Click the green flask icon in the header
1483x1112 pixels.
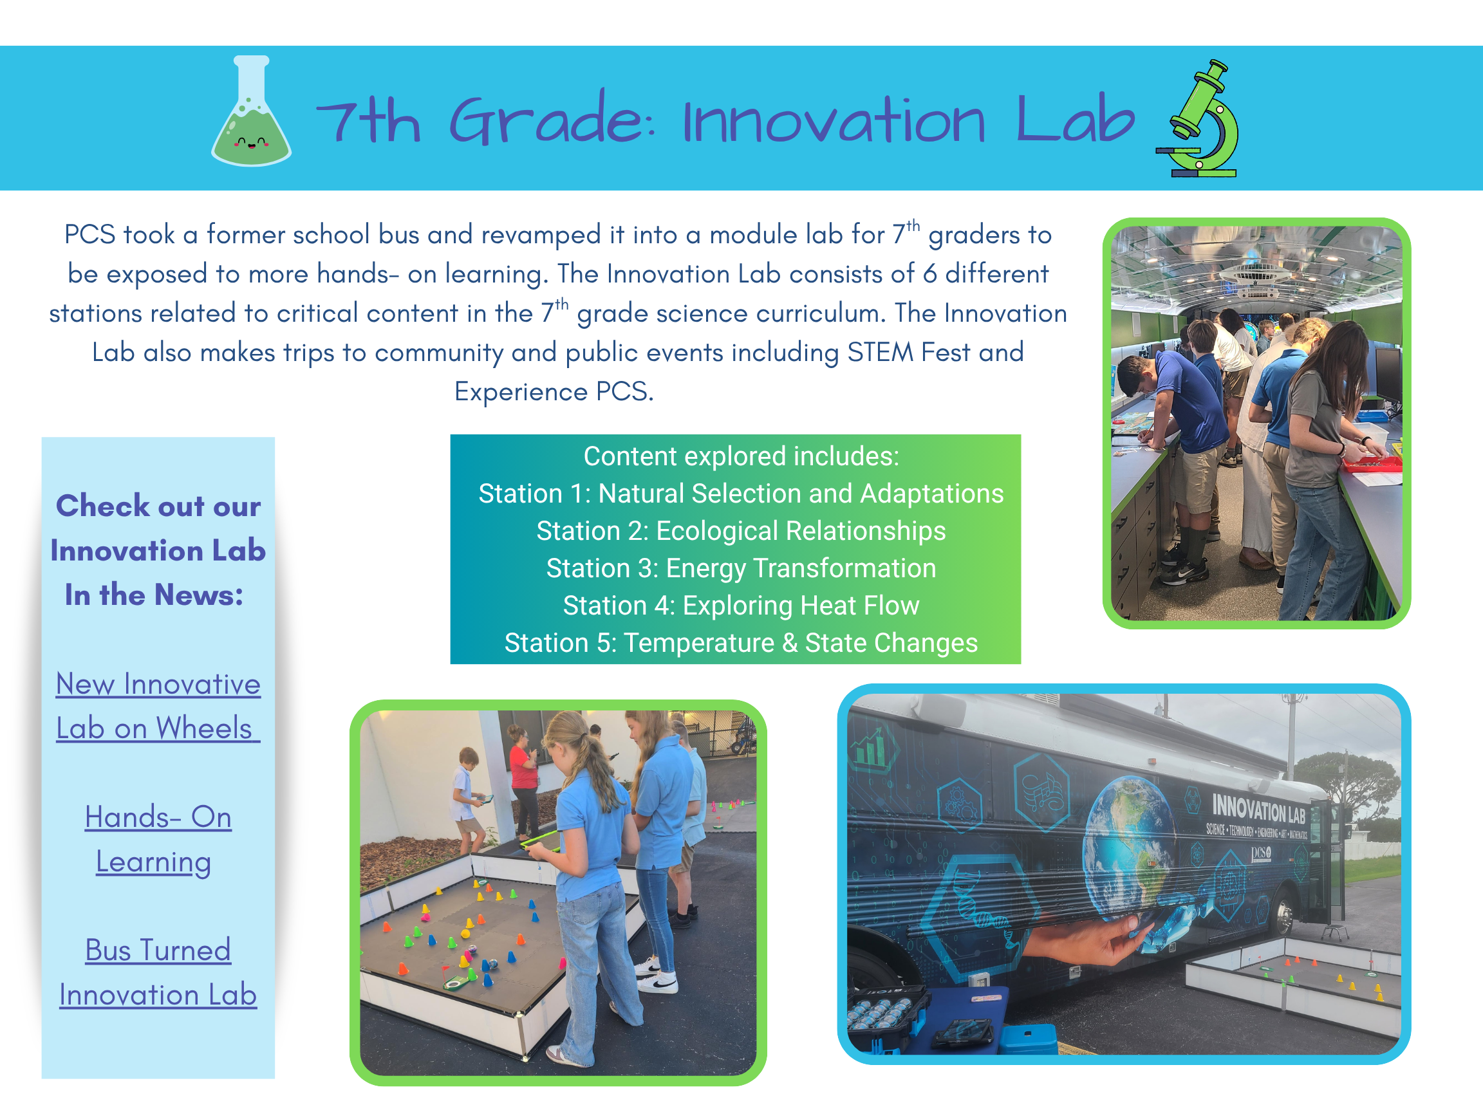click(x=252, y=112)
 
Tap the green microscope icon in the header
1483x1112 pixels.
click(x=1197, y=118)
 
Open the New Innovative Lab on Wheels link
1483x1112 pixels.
click(x=158, y=706)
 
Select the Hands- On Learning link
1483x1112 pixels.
click(x=158, y=839)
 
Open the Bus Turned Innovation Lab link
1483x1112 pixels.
click(x=158, y=972)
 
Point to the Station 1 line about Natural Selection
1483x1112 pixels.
click(x=741, y=494)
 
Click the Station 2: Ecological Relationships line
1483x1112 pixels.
click(x=741, y=531)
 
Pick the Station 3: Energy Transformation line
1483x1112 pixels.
click(x=741, y=568)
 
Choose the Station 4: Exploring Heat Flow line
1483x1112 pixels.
click(x=741, y=606)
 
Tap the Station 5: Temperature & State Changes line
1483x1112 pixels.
click(x=741, y=643)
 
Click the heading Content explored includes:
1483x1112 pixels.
click(x=741, y=456)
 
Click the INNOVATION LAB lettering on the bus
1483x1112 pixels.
click(x=1258, y=808)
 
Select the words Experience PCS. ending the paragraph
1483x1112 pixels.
click(x=554, y=391)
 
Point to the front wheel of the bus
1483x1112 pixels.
click(x=1283, y=912)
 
